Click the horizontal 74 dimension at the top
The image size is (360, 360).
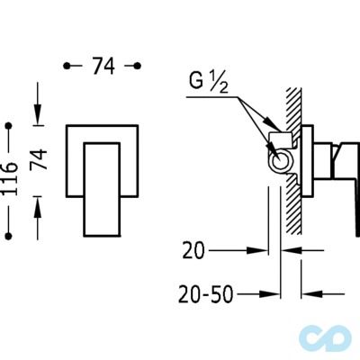pos(103,66)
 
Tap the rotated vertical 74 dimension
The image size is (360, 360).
pos(40,159)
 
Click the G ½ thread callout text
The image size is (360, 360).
pos(209,82)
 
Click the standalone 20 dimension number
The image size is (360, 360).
pos(193,250)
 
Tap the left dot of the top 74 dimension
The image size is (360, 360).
pos(67,66)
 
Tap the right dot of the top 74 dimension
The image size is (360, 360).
pos(138,66)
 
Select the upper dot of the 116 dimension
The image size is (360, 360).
pos(9,125)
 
